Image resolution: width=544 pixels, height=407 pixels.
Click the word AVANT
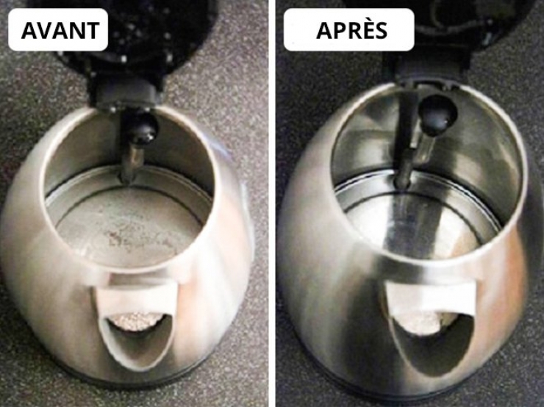60,31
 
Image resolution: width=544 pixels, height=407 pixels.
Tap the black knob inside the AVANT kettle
143,129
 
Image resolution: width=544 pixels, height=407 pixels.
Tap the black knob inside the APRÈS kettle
438,115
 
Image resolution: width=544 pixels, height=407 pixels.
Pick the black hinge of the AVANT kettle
124,93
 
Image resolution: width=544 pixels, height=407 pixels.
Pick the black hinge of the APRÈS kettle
426,69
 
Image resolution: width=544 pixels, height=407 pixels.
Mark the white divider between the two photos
272,203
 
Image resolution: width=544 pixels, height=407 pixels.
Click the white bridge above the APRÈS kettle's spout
430,299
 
